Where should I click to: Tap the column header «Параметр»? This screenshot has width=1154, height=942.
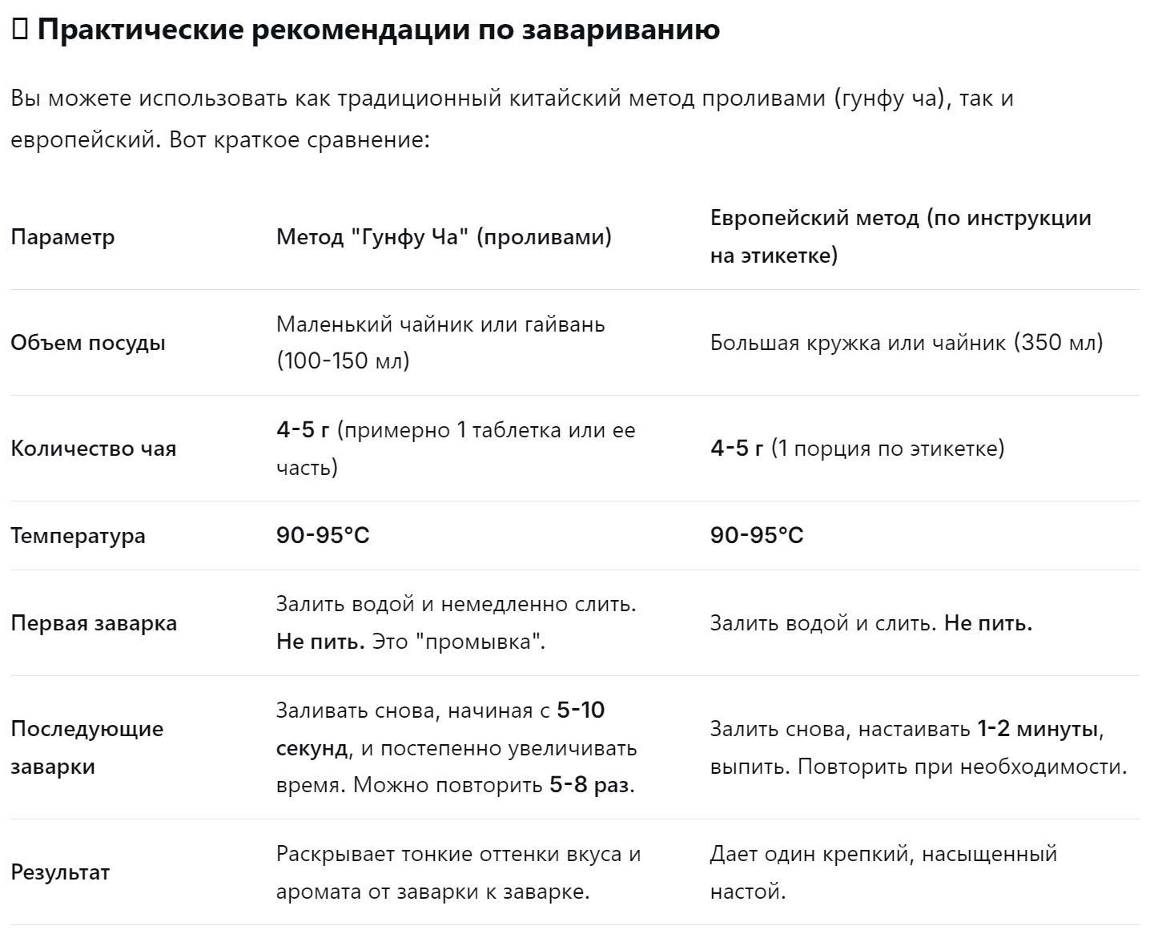tap(62, 237)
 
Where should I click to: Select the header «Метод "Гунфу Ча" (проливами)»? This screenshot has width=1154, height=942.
tap(444, 237)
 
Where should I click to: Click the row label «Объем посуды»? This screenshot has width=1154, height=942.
tap(88, 343)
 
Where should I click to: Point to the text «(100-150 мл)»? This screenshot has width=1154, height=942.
tap(343, 361)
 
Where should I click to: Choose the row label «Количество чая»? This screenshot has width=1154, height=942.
tap(93, 449)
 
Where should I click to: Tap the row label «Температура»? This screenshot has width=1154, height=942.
tap(78, 536)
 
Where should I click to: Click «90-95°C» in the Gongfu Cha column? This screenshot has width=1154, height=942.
tap(323, 536)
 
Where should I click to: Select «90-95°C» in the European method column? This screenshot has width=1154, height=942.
tap(757, 536)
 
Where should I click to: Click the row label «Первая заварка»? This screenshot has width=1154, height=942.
tap(94, 623)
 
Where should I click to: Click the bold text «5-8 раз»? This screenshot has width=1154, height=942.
tap(589, 785)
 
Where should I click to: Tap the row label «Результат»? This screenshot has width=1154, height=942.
tap(60, 872)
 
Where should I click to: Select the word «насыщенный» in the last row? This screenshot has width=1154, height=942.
tap(989, 854)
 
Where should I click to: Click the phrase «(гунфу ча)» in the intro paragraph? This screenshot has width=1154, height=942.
tap(891, 99)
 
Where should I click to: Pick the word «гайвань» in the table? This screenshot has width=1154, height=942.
tap(565, 324)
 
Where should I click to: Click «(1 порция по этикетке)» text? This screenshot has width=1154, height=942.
tap(887, 449)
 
